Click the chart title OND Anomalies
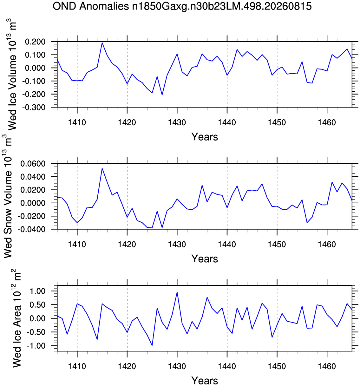tap(91, 6)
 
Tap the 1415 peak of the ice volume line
tap(102, 43)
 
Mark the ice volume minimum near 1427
tap(162, 95)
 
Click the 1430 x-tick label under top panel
tap(177, 122)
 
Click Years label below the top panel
tap(205, 137)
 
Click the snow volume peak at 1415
tap(102, 168)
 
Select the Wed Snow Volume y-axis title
tap(8, 197)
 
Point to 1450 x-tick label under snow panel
tap(277, 245)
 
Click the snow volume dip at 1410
tap(77, 223)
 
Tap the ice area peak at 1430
tap(177, 292)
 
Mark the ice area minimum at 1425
tap(152, 345)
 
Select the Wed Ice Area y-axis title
tap(17, 318)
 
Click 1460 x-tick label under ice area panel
tap(327, 366)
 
